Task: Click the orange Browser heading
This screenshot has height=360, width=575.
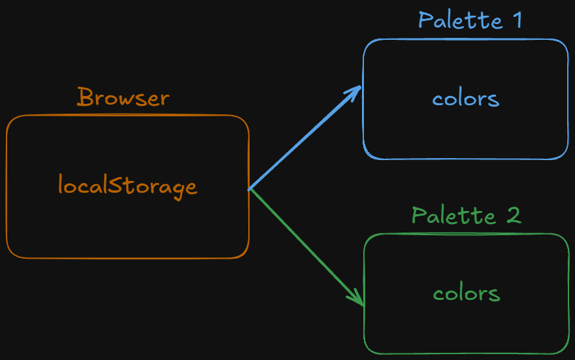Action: [x=123, y=97]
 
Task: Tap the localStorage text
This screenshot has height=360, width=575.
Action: [x=127, y=186]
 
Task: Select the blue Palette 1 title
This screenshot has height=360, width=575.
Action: [x=470, y=20]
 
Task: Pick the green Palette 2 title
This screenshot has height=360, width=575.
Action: [x=466, y=215]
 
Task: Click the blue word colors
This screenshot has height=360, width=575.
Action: [x=466, y=98]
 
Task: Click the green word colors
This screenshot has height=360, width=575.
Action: [x=467, y=293]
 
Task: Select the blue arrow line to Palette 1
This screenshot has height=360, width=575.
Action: [x=304, y=139]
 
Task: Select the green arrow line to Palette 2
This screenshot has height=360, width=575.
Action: [x=306, y=248]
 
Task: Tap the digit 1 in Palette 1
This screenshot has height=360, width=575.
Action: [x=517, y=20]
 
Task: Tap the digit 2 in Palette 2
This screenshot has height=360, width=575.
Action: [x=514, y=215]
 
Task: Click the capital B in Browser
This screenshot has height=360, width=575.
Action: [x=85, y=97]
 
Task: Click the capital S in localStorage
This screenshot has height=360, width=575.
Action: [x=115, y=184]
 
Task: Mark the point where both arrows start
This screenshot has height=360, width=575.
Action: [x=249, y=189]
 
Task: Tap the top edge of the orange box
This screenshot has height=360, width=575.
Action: [x=127, y=116]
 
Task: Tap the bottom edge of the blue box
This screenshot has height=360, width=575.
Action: [x=466, y=159]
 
